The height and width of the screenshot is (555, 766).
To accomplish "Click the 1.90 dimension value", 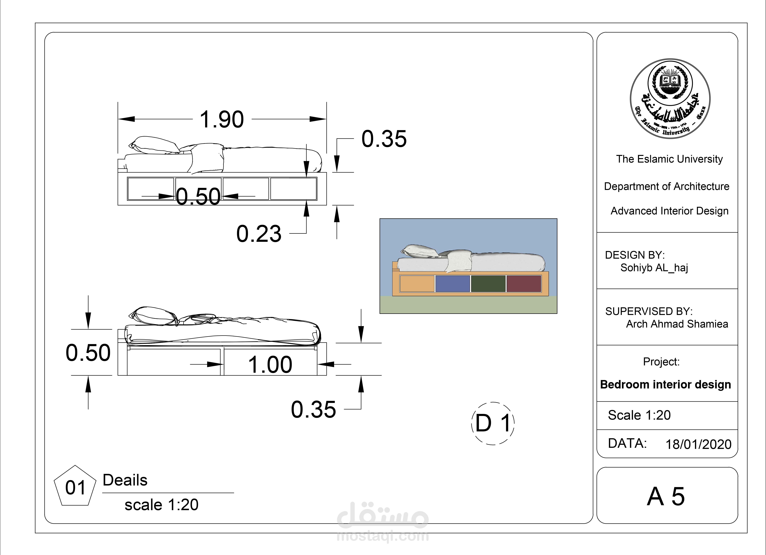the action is click(222, 119).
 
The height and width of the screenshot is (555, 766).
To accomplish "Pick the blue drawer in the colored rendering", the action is click(453, 283).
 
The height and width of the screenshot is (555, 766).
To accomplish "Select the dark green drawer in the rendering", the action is click(488, 283).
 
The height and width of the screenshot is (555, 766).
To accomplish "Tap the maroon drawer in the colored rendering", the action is click(524, 283).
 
